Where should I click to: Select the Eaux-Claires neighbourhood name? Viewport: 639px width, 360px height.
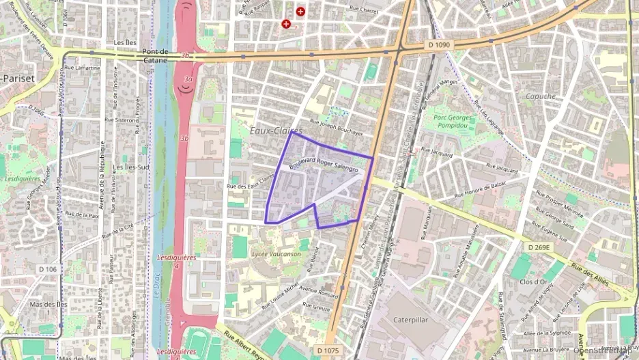[x=276, y=130]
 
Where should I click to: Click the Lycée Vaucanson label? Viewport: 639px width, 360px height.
[x=276, y=253]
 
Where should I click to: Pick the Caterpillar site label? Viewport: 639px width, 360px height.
[x=414, y=319]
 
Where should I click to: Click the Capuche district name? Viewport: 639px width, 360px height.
[x=541, y=96]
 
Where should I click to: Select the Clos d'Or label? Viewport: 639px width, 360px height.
[x=535, y=281]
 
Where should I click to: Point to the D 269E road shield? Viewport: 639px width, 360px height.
[x=539, y=247]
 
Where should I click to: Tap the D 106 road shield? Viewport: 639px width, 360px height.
[x=48, y=269]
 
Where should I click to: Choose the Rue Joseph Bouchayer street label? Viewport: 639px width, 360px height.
[x=336, y=128]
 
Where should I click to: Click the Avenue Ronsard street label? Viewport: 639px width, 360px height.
[x=319, y=292]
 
